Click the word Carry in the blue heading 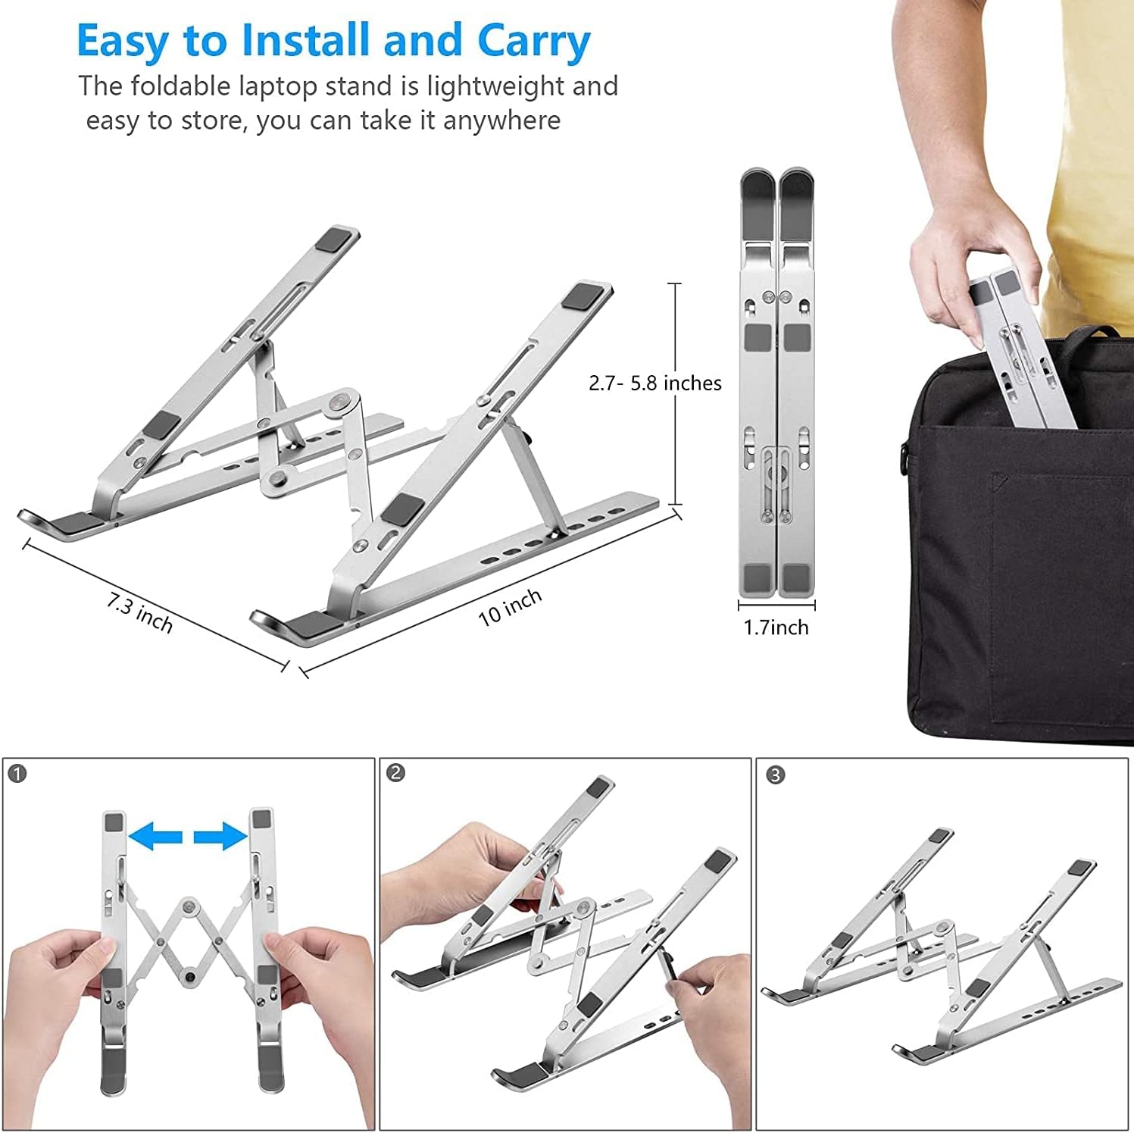[533, 42]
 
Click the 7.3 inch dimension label [139, 613]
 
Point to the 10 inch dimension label [510, 607]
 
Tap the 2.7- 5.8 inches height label [654, 383]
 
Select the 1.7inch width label [776, 628]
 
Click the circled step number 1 [17, 774]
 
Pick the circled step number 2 [395, 773]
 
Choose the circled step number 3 [774, 775]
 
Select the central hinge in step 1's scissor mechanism [187, 906]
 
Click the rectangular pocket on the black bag [1061, 599]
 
